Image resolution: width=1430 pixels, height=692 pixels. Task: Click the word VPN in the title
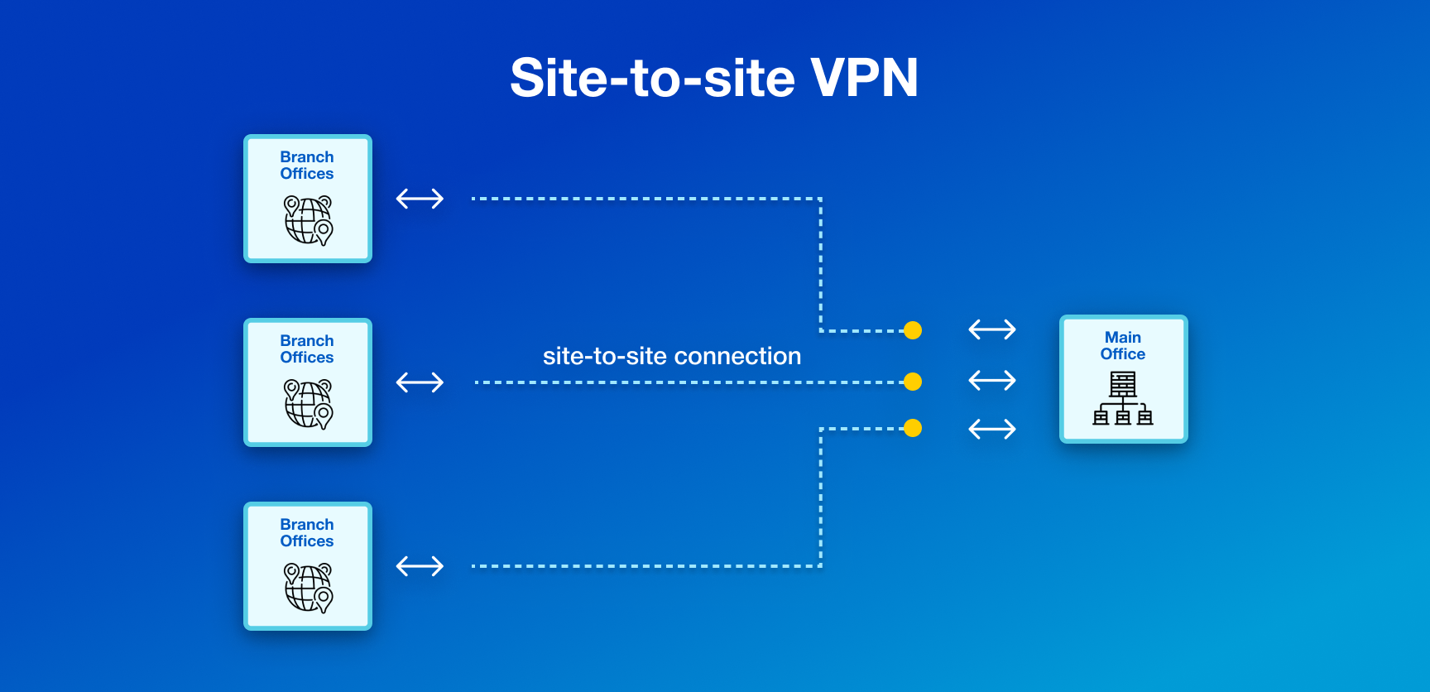pos(864,78)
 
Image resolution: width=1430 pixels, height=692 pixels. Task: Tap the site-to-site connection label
pos(671,356)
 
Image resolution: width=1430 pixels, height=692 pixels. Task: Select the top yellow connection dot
pos(913,330)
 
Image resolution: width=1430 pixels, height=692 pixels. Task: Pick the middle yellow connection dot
pos(913,382)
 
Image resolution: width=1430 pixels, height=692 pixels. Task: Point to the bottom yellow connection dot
pos(913,428)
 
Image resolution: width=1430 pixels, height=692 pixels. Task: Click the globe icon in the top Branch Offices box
pos(308,220)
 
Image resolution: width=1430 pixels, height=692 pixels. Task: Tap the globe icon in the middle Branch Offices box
pos(308,404)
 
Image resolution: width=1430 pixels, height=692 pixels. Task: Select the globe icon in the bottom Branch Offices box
pos(308,588)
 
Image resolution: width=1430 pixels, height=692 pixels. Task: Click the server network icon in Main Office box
pos(1123,398)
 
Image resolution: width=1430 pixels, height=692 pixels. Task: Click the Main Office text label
pos(1123,346)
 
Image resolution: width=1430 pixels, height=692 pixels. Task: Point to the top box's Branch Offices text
pos(307,166)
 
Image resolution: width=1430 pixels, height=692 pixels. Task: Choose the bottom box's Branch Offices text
pos(307,533)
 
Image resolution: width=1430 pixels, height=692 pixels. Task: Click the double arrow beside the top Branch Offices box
pos(420,199)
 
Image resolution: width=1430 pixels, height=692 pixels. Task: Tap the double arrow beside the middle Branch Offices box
pos(420,382)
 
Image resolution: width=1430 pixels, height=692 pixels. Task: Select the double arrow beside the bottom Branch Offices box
pos(420,566)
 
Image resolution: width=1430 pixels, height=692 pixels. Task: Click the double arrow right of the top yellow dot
pos(992,329)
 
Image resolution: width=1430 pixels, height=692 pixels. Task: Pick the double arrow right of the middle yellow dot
pos(992,381)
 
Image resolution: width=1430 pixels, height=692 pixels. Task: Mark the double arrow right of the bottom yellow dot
pos(992,429)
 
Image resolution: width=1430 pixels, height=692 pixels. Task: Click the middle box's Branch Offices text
pos(307,349)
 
